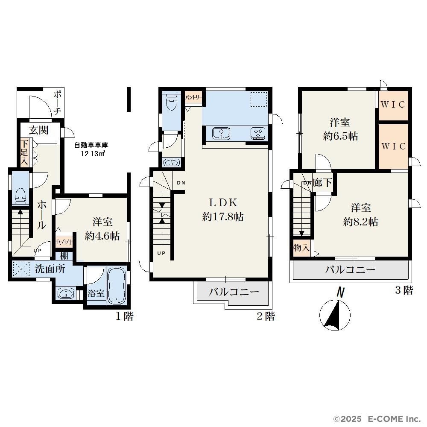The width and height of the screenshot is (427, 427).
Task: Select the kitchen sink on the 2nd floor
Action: point(221,134)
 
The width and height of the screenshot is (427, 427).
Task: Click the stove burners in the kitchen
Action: point(258,133)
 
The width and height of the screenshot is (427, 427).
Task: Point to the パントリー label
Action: point(193,97)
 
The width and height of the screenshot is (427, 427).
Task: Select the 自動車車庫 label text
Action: point(91,145)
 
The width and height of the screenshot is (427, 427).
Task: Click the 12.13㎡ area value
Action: point(93,154)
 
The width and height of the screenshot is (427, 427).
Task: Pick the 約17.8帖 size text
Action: point(223,217)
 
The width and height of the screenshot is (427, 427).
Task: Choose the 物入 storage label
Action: point(301,248)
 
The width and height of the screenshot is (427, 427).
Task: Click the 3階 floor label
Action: point(404,290)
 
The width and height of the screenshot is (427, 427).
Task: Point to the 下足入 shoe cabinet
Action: point(24,152)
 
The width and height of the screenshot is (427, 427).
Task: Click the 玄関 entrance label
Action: point(39,130)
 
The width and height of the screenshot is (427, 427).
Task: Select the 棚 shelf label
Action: point(64,256)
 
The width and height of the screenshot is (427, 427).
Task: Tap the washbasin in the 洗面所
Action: point(66,294)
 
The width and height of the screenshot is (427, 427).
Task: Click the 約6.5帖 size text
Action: point(340,136)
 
